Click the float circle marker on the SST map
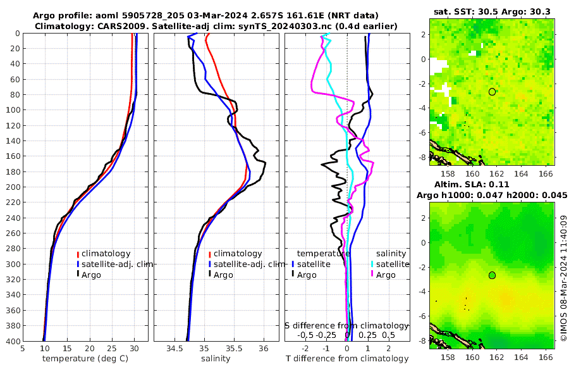pos(492,92)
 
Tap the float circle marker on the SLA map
pos(492,275)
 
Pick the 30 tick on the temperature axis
pos(134,347)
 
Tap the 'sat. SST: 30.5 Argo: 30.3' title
pos(492,11)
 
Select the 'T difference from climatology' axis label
pos(348,359)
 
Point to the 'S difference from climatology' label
pos(347,325)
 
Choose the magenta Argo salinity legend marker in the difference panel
pos(372,275)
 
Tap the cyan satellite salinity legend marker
pos(372,264)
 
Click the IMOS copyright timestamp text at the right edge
pos(563,278)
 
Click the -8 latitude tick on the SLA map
pos(422,340)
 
